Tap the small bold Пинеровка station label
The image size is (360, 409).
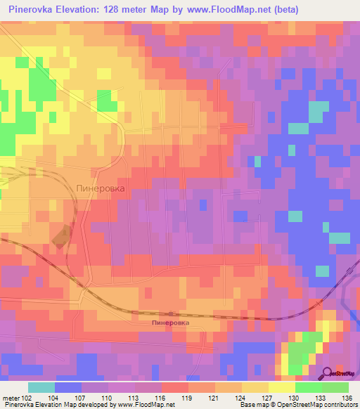tap(170, 322)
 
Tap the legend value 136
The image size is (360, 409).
tap(347, 397)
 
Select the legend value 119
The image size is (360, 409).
tap(186, 397)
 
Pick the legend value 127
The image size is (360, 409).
tap(266, 397)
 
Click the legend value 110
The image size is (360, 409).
tap(107, 397)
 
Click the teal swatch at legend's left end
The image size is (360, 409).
tap(41, 387)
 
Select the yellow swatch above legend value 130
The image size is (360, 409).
tap(282, 387)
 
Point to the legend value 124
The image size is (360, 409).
tap(240, 397)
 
